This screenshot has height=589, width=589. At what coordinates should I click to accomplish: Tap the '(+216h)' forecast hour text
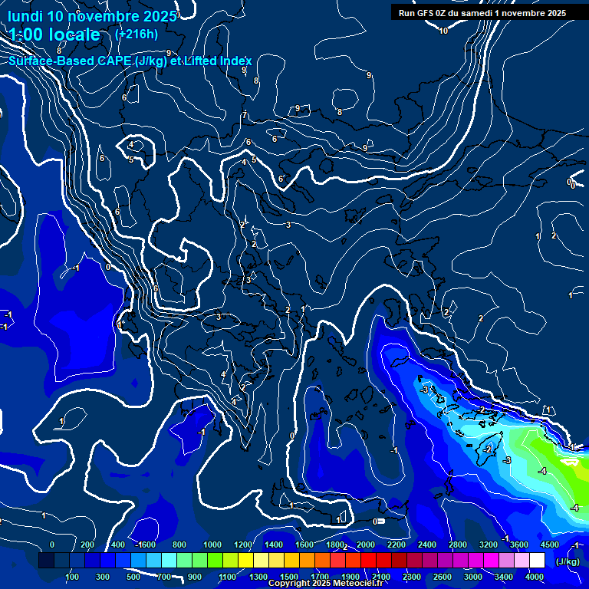(x=137, y=34)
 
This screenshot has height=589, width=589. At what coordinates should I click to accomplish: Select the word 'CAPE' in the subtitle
(x=112, y=61)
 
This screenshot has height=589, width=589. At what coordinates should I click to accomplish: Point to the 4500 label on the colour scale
(x=550, y=545)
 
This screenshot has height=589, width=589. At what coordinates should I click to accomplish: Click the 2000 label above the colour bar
(x=366, y=545)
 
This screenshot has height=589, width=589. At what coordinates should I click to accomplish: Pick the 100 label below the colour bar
(x=72, y=577)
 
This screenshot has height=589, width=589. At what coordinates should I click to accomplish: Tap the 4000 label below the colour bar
(x=535, y=577)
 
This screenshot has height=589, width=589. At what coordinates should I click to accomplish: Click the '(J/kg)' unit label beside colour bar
(x=568, y=561)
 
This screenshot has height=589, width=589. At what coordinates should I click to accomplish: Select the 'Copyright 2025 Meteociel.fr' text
(x=324, y=584)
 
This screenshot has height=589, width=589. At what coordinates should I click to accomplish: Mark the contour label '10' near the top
(x=443, y=31)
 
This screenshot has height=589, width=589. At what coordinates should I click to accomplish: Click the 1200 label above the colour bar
(x=243, y=545)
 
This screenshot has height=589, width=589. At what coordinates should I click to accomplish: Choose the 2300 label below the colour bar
(x=412, y=577)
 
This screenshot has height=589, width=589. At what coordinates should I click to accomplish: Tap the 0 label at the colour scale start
(x=52, y=545)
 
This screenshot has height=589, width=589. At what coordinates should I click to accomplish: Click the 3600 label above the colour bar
(x=519, y=545)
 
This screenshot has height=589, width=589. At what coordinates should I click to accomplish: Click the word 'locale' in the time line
(x=72, y=35)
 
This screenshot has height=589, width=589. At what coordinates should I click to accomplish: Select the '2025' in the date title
(x=160, y=16)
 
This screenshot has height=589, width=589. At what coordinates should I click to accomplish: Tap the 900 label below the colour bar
(x=195, y=577)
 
